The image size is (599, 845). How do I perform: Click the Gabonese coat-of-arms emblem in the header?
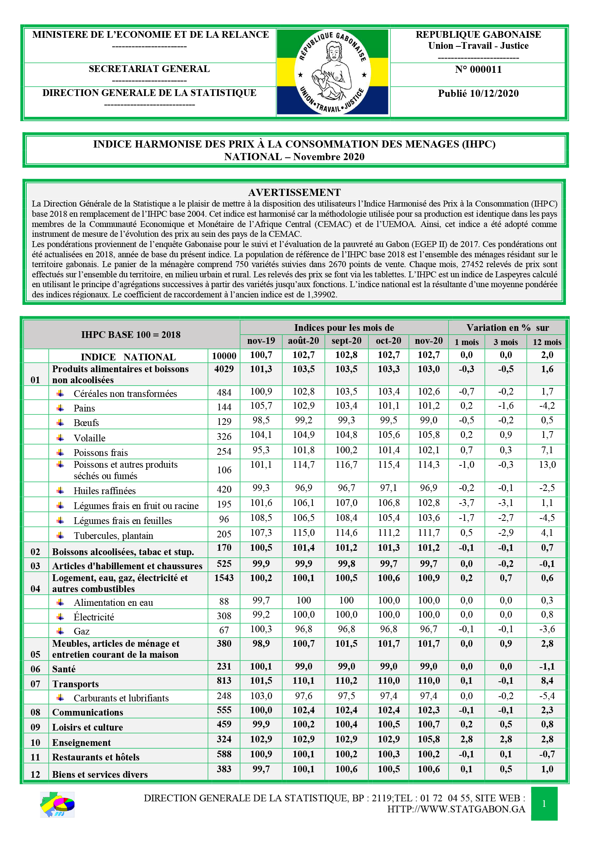pyautogui.click(x=333, y=72)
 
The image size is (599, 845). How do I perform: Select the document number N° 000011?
pyautogui.click(x=478, y=70)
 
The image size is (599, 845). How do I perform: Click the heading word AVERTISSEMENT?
pyautogui.click(x=294, y=192)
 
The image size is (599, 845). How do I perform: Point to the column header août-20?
pyautogui.click(x=303, y=341)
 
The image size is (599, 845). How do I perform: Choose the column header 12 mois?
pyautogui.click(x=547, y=342)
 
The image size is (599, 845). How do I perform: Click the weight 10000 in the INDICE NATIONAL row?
pyautogui.click(x=224, y=356)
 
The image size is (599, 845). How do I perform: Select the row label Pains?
pyautogui.click(x=84, y=408)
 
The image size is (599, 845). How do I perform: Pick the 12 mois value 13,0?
pyautogui.click(x=547, y=465)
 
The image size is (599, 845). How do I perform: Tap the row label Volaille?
pyautogui.click(x=89, y=438)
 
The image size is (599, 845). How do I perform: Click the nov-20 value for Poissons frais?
pyautogui.click(x=429, y=450)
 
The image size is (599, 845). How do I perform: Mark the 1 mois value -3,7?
pyautogui.click(x=466, y=503)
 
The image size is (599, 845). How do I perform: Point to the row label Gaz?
pyautogui.click(x=81, y=631)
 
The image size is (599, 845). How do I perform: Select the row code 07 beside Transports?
pyautogui.click(x=35, y=684)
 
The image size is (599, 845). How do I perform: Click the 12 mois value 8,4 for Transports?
pyautogui.click(x=547, y=681)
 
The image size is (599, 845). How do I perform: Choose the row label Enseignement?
pyautogui.click(x=81, y=743)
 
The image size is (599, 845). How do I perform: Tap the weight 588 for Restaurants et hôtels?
pyautogui.click(x=224, y=754)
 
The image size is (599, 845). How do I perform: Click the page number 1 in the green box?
pyautogui.click(x=544, y=804)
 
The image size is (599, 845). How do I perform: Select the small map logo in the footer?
pyautogui.click(x=57, y=804)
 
